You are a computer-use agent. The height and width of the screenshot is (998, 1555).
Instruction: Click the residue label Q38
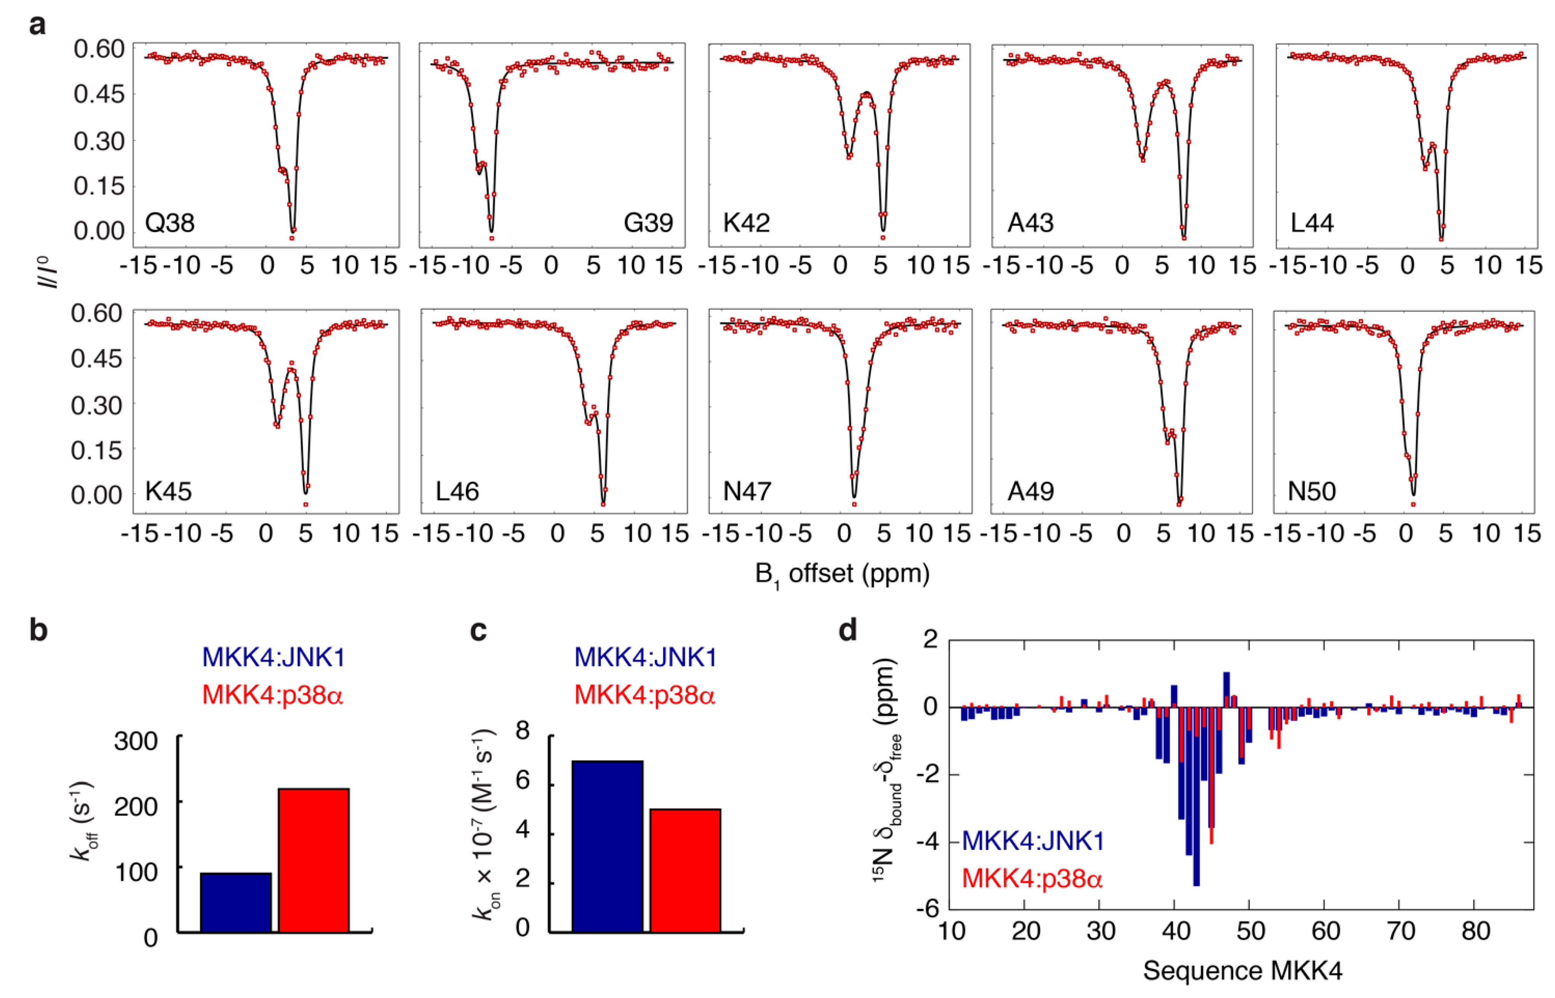click(170, 223)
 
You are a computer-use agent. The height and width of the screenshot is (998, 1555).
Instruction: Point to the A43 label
click(1030, 223)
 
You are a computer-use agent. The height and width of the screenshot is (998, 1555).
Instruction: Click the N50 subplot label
click(1311, 491)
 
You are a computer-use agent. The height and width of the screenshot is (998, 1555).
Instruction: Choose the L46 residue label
click(457, 491)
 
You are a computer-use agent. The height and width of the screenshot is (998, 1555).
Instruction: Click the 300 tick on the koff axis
click(136, 741)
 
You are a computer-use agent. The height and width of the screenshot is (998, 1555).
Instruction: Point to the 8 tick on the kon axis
click(522, 731)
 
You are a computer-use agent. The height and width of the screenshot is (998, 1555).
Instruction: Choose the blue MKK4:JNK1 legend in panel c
click(646, 657)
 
